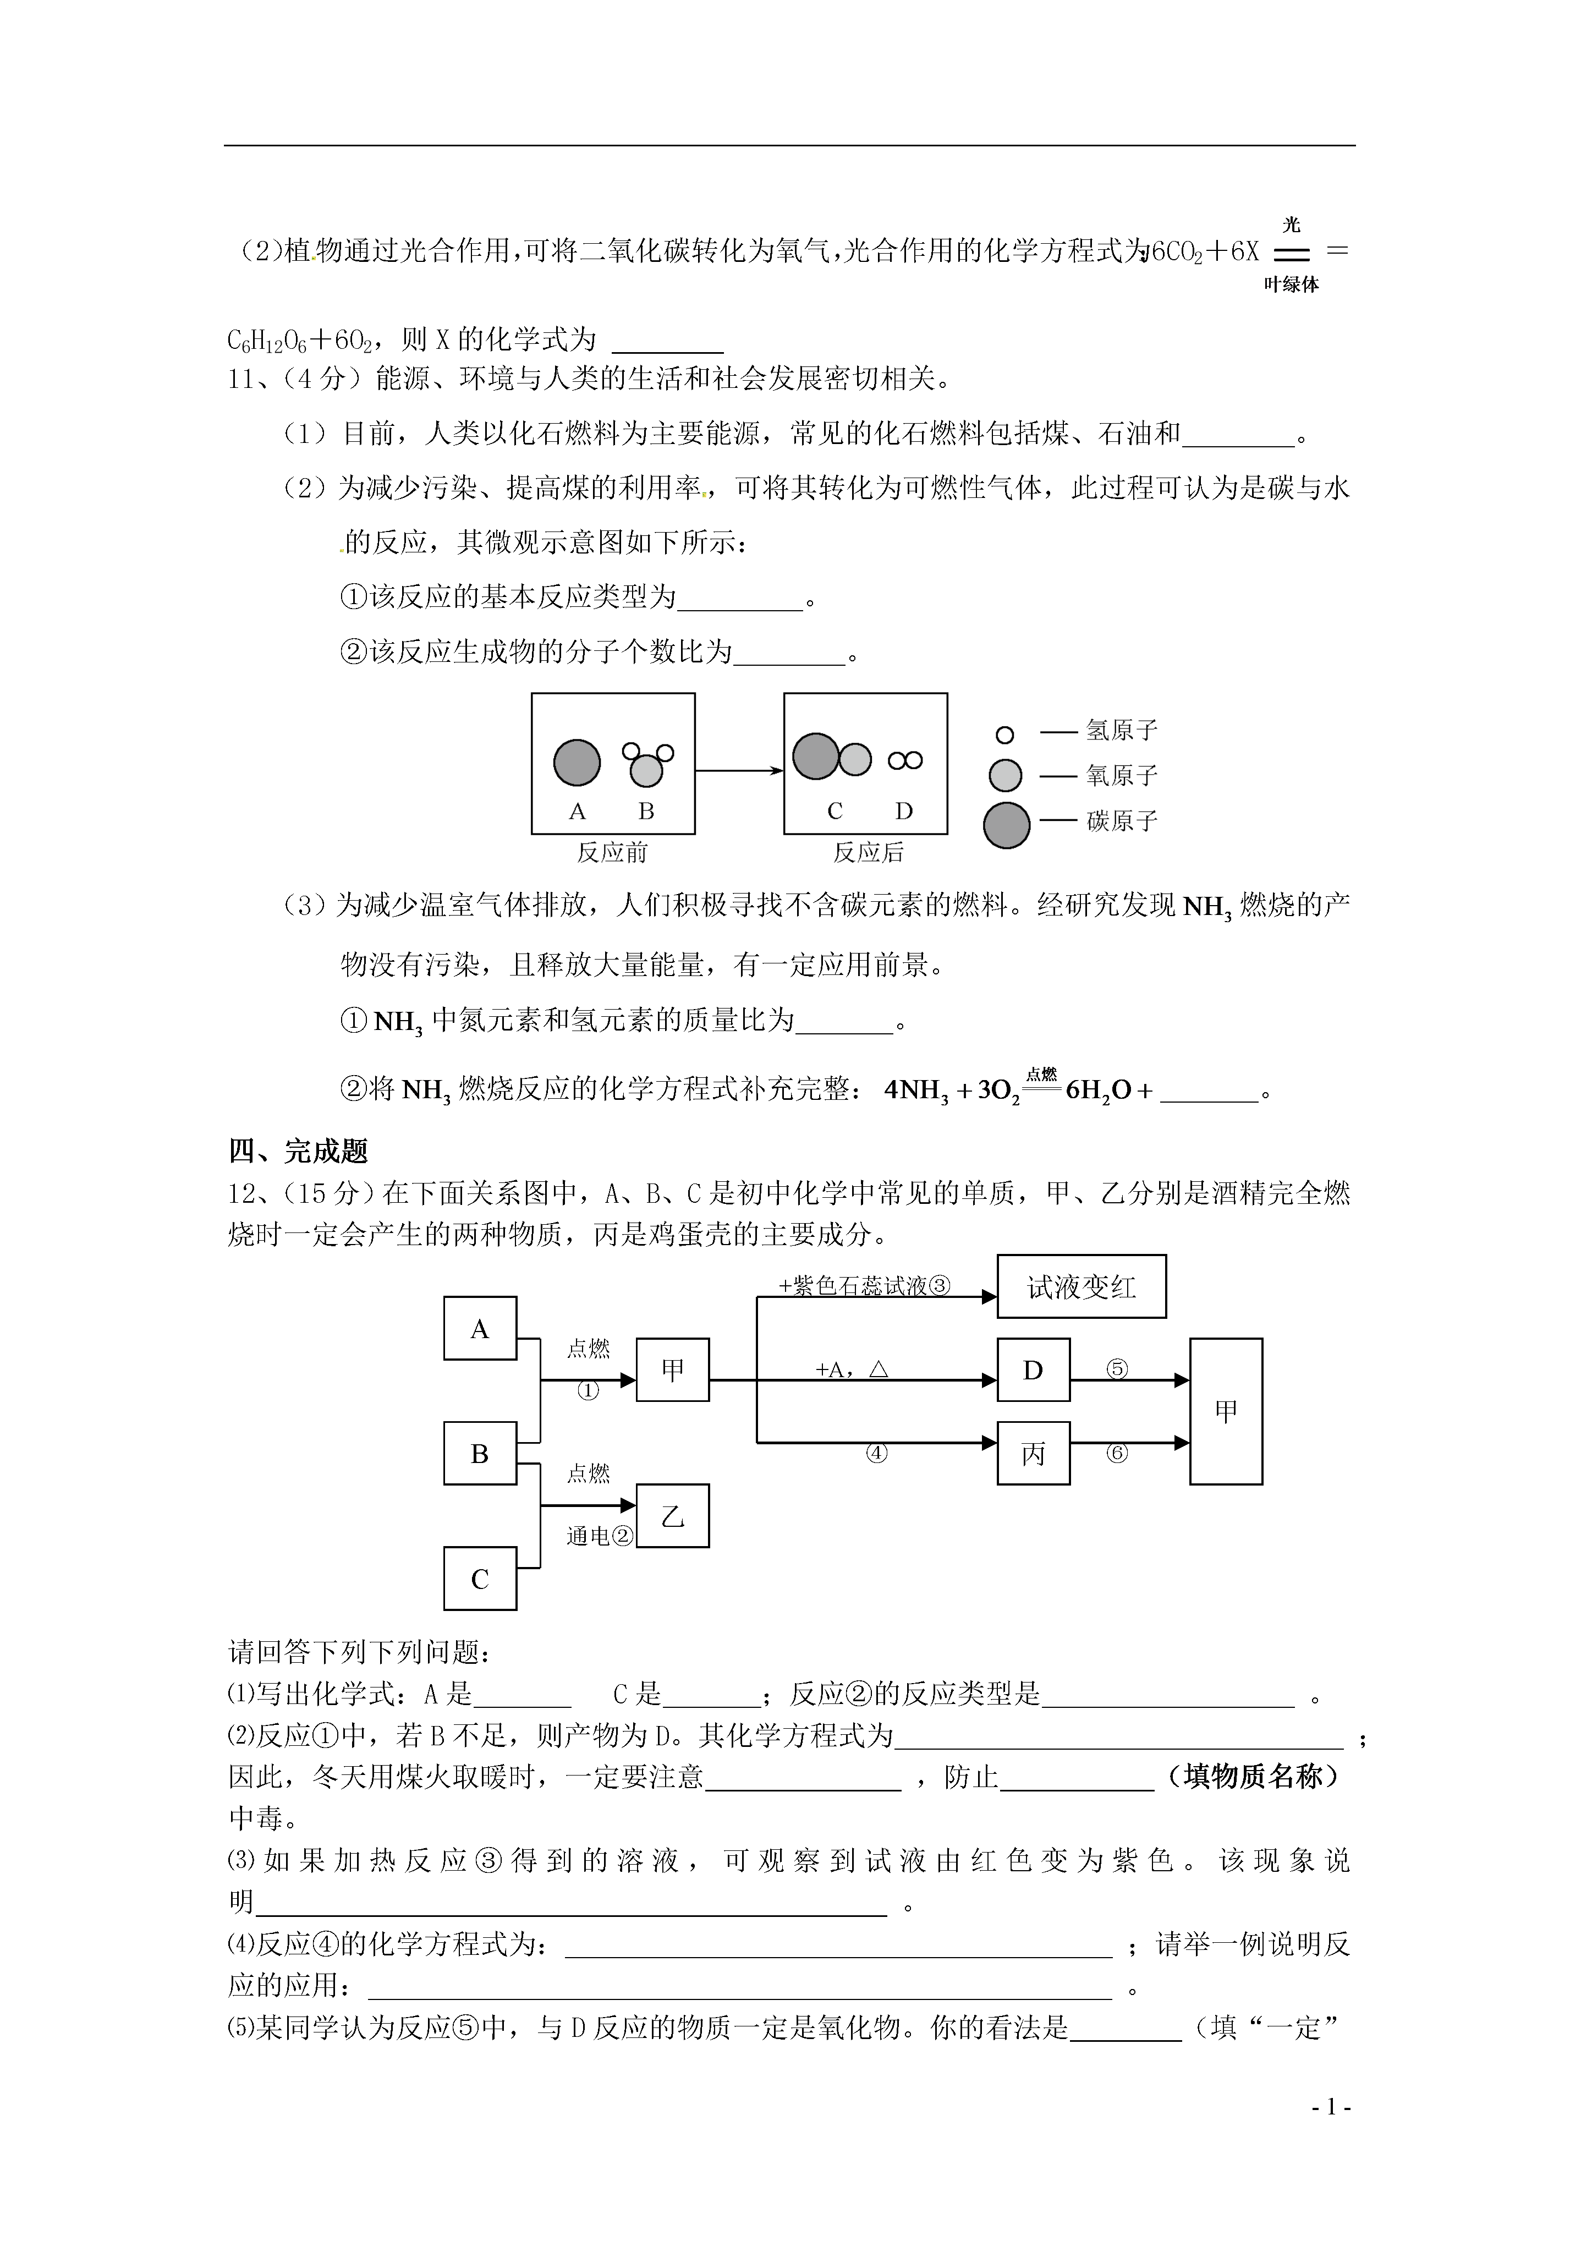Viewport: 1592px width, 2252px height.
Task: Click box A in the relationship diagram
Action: click(480, 1328)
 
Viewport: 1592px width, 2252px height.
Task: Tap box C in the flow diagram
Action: click(480, 1578)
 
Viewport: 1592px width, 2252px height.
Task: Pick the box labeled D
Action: click(1033, 1370)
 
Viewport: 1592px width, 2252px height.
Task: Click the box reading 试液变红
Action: click(1082, 1286)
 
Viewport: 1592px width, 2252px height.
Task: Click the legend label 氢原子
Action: click(1122, 730)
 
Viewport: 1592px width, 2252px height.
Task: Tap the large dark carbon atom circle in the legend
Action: click(1006, 824)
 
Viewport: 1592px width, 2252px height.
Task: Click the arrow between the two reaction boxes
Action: click(739, 770)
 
